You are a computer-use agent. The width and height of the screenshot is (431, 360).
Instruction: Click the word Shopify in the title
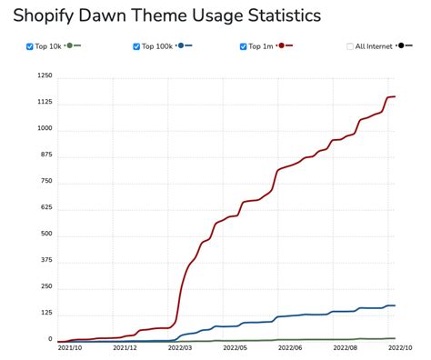click(x=47, y=15)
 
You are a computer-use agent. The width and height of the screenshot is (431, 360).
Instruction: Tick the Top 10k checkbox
click(x=30, y=45)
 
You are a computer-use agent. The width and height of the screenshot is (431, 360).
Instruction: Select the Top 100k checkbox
click(x=136, y=45)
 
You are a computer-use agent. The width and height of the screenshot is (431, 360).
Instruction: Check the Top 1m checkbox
click(x=244, y=45)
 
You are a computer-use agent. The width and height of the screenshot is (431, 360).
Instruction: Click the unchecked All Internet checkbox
click(x=350, y=45)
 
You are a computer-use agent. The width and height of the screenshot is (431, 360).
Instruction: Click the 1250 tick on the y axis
click(x=45, y=76)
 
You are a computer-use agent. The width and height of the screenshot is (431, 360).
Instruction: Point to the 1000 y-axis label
click(x=45, y=129)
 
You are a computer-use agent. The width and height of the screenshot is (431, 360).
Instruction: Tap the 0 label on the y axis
click(x=51, y=340)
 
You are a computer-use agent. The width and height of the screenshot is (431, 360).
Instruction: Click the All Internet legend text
click(x=374, y=45)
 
